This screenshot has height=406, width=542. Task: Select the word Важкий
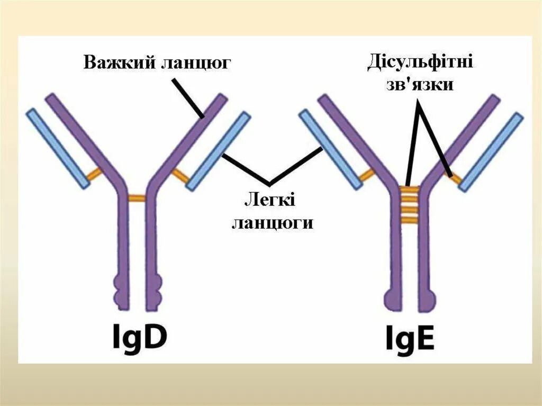117,63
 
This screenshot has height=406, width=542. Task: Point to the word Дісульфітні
420,63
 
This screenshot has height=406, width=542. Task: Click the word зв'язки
421,85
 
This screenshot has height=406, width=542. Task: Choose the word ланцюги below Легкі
272,222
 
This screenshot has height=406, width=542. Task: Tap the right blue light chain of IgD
218,151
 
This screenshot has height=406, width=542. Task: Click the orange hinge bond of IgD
137,199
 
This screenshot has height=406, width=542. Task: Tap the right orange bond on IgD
179,174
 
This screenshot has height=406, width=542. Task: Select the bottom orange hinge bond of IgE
409,221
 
